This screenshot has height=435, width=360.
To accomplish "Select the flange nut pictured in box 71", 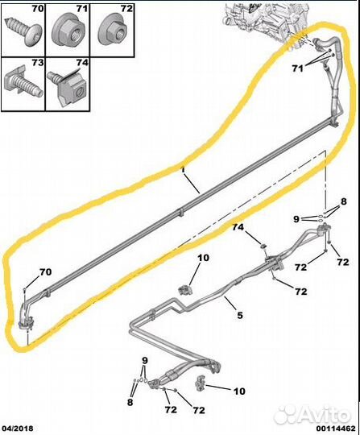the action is pos(68,32).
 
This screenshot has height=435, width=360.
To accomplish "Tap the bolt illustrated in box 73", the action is pos(24,81).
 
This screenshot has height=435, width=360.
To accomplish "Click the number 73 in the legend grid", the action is pos(37,63).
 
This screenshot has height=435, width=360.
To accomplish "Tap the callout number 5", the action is pos(240,315).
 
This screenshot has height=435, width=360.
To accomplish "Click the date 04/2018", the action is pos(19,429).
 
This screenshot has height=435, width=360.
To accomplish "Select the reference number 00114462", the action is pos(336,429).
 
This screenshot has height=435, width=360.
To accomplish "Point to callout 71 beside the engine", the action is pos(298,68).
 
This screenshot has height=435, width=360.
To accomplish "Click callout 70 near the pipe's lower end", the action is pos(45,272).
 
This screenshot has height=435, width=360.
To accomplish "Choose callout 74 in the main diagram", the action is pos(238,227).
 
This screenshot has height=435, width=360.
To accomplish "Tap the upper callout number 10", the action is pos(203,258).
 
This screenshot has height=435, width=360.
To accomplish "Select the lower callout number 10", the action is pos(239,391).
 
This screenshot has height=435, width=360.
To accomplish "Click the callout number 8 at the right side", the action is pos(344,201).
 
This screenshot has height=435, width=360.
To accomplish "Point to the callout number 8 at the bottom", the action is pos(130,402).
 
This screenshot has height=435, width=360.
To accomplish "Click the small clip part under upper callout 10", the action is pos(184,290).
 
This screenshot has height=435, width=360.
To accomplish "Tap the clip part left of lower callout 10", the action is pos(201,383).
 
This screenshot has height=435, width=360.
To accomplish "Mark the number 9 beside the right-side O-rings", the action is pos(296,219).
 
